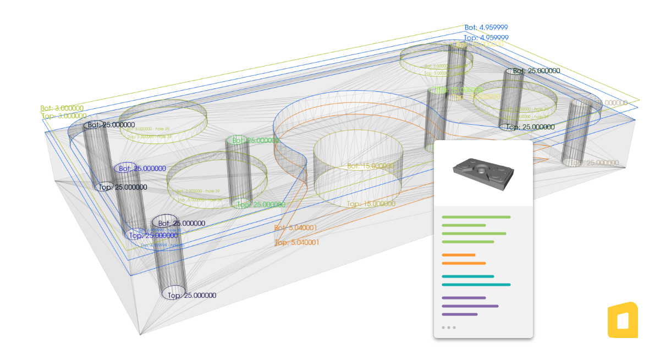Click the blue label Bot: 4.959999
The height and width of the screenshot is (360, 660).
pos(486,27)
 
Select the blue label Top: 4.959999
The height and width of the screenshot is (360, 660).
pos(486,37)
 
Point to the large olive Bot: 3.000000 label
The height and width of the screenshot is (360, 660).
pos(62,108)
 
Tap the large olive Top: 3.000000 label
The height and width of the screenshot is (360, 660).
pos(64,116)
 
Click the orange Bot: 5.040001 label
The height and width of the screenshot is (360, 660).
pos(296,228)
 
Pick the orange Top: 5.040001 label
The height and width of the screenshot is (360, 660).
pos(296,242)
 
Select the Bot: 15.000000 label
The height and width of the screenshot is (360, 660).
pos(370,166)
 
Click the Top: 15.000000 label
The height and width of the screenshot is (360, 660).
pos(371,204)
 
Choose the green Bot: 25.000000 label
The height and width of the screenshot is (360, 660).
pos(256,141)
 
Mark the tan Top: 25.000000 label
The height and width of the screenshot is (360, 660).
pos(595,163)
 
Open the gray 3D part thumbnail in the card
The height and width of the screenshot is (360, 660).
pos(482,174)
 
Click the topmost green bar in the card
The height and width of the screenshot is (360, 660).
pos(476,217)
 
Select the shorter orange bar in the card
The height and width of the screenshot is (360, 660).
pos(458,255)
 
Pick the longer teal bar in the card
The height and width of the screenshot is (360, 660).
pos(476,285)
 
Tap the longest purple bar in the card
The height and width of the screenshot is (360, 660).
pos(470,306)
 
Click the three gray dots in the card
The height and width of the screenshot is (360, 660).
pos(448,328)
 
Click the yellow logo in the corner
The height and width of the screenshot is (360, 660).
pos(623,320)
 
